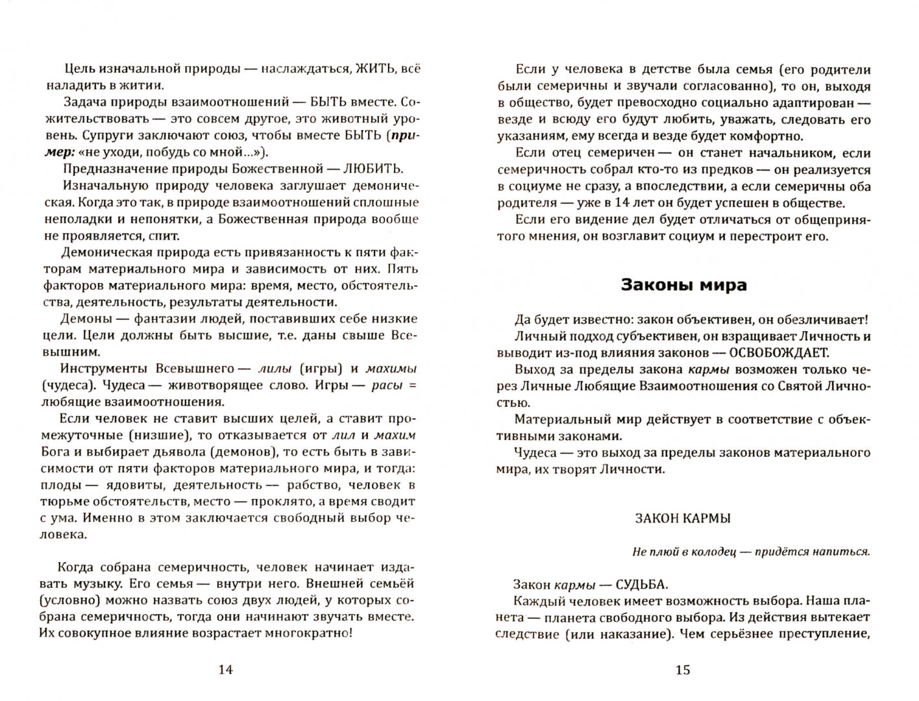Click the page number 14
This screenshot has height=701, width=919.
tap(225, 670)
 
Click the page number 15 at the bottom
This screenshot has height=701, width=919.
tap(683, 670)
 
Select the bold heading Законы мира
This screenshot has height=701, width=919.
tap(683, 285)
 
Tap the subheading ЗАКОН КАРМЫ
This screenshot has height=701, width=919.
tap(683, 518)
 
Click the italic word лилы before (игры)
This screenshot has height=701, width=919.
tap(275, 369)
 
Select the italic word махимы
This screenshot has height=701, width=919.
tap(391, 369)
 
